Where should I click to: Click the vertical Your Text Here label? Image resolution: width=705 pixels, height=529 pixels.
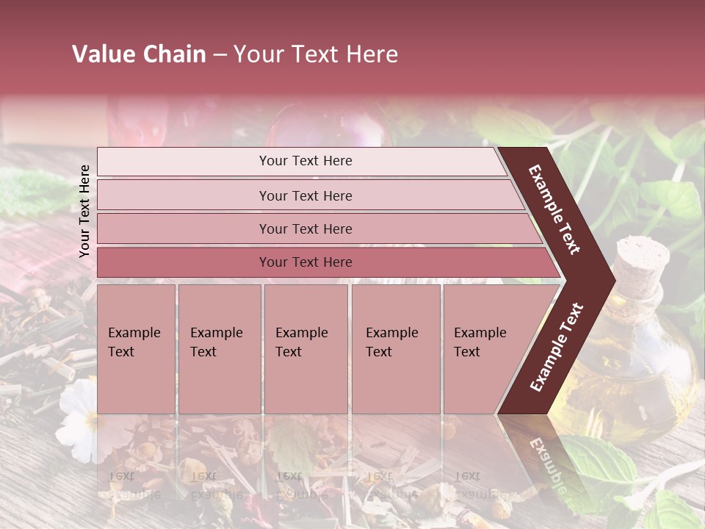tap(84, 211)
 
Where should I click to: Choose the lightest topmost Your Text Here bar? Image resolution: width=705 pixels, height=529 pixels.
tap(305, 161)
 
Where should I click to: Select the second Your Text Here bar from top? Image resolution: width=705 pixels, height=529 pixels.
tap(305, 195)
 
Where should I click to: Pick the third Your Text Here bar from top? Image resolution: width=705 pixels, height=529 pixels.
tap(305, 228)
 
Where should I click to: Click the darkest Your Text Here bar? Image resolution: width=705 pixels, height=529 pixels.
tap(305, 262)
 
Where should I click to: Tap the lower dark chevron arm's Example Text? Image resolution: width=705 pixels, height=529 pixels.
tap(556, 347)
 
